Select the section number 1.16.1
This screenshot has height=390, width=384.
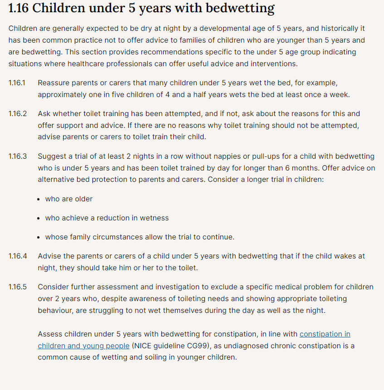(x=17, y=83)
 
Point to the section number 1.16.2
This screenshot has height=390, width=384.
(x=18, y=113)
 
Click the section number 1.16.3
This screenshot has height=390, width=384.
(x=18, y=156)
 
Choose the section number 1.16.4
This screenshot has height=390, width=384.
(x=18, y=256)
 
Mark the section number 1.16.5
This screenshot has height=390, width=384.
(x=18, y=287)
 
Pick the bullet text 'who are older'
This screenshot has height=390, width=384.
(x=69, y=199)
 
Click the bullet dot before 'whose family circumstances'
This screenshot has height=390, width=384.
(x=40, y=237)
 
